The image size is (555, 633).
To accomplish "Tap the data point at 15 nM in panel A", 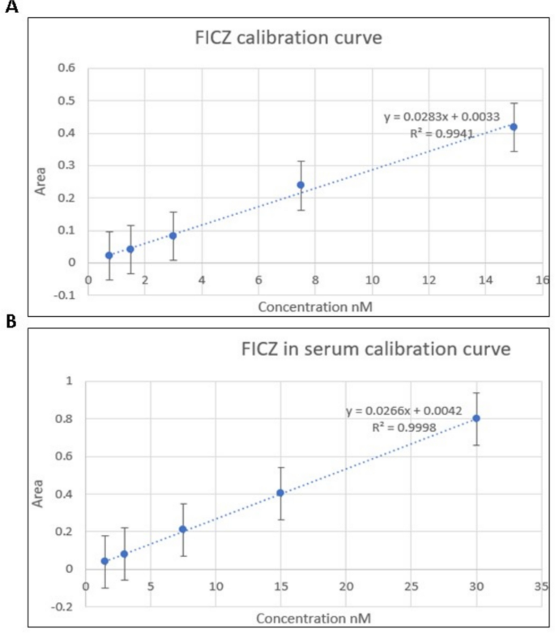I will [513, 126].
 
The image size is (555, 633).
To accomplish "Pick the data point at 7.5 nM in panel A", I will [301, 185].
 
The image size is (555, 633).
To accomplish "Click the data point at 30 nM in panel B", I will [476, 418].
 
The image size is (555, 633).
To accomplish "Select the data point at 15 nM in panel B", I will [280, 493].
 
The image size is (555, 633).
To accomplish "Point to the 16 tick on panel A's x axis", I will [541, 280].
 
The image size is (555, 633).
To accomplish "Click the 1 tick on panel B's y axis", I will [69, 381].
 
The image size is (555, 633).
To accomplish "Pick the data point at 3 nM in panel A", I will [173, 236].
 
